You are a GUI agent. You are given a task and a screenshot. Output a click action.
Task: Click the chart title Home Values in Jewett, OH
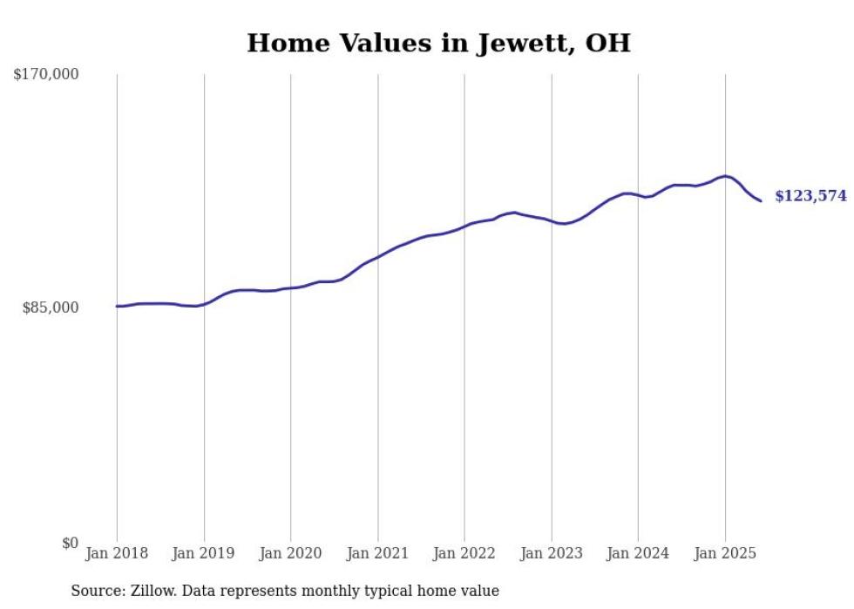[x=438, y=43]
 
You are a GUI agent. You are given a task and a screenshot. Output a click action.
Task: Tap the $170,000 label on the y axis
[x=46, y=75]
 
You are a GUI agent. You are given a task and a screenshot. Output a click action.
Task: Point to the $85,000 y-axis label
[x=50, y=308]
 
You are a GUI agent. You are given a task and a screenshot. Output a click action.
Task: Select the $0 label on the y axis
[x=70, y=543]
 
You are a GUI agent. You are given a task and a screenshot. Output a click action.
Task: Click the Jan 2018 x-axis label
[x=117, y=553]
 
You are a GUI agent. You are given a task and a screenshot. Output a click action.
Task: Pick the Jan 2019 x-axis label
[x=204, y=553]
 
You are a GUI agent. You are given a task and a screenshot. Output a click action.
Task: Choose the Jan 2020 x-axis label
[x=291, y=553]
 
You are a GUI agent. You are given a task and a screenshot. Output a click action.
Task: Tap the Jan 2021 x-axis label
[x=377, y=553]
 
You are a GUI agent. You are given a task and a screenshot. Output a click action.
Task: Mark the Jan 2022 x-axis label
[x=464, y=553]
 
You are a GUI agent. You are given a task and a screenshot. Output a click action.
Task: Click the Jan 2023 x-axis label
[x=552, y=553]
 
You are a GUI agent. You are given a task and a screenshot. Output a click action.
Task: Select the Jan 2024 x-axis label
[x=638, y=553]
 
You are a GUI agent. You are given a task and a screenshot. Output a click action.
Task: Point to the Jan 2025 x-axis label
[x=725, y=553]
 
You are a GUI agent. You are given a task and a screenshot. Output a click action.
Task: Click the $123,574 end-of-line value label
[x=810, y=196]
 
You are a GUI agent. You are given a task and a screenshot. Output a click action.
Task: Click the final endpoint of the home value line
[x=761, y=201]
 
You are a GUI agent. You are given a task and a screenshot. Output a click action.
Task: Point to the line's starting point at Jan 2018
[x=117, y=306]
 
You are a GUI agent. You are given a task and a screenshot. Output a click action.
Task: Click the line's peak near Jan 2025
[x=725, y=176]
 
